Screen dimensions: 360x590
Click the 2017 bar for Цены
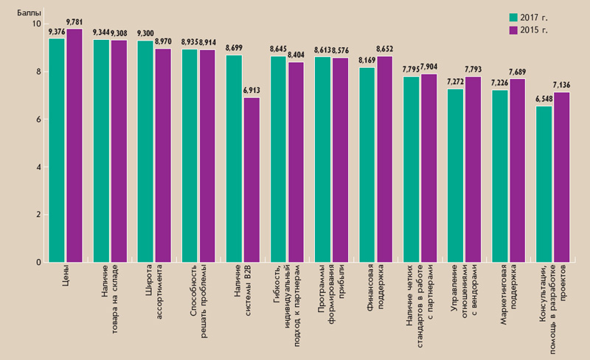57,150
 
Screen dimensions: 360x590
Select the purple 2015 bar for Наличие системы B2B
251,180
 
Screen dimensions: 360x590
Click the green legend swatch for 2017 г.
513,17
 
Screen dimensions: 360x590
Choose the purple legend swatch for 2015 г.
513,30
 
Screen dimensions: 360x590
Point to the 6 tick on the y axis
37,120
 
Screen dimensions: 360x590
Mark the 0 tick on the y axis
37,263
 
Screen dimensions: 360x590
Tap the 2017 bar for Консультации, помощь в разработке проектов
544,184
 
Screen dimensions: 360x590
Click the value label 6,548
543,100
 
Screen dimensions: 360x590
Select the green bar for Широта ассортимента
145,151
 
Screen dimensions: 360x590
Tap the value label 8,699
234,49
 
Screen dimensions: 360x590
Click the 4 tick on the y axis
37,167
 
